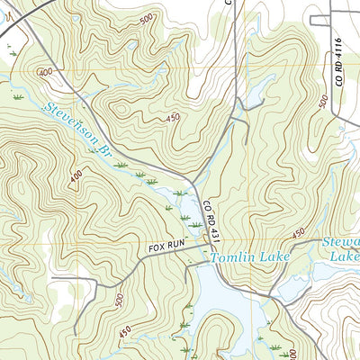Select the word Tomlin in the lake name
(x=229, y=259)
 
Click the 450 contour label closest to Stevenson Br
(x=174, y=117)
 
